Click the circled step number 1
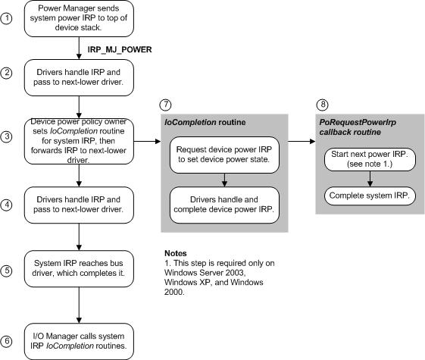point(7,19)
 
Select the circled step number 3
point(7,137)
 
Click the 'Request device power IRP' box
point(223,154)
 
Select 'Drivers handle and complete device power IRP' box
point(223,205)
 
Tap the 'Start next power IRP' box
point(369,161)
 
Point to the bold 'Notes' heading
point(177,252)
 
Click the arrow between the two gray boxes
point(300,140)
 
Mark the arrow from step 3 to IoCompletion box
point(145,140)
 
